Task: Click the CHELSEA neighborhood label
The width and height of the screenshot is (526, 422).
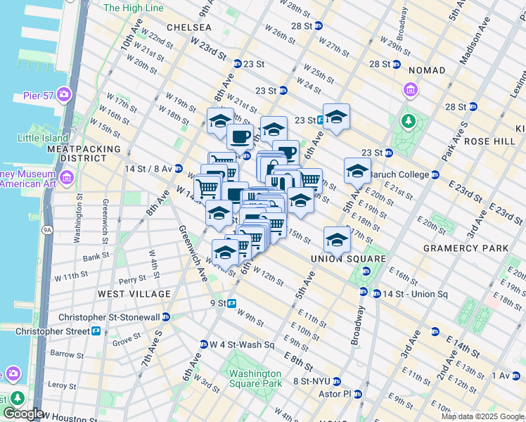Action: click(x=189, y=27)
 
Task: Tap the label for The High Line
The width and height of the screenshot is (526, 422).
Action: click(x=134, y=8)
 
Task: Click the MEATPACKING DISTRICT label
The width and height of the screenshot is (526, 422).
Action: click(x=76, y=154)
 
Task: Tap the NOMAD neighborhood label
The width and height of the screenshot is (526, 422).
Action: click(x=426, y=70)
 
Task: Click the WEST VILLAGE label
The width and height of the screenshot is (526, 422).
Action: click(x=134, y=293)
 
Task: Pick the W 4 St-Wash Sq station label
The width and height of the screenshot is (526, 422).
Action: click(x=241, y=345)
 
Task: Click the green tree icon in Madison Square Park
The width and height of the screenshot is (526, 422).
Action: click(x=408, y=122)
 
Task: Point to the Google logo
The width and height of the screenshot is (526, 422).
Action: click(x=24, y=414)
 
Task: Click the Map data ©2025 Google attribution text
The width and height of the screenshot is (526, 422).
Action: click(x=482, y=416)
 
